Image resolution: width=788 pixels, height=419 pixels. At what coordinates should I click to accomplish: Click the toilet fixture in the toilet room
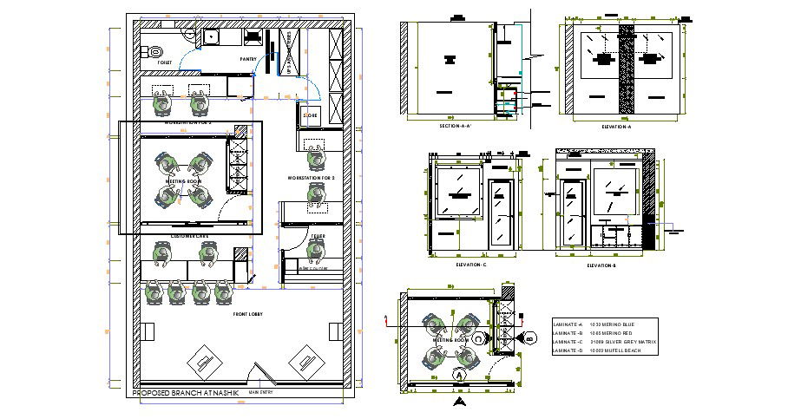point(156,50)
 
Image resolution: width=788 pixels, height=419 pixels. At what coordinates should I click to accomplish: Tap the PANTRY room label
point(248,59)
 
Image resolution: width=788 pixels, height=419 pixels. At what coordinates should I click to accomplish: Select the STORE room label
point(311,115)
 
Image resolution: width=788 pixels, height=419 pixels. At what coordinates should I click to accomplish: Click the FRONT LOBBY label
point(248,313)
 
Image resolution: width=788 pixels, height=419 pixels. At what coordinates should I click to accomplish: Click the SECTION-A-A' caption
point(456,127)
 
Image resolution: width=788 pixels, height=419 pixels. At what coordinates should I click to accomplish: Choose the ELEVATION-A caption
point(616,127)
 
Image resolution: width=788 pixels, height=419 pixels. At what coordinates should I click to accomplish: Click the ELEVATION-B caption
point(601,265)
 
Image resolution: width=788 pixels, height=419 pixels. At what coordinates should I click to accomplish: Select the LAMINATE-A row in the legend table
point(603,324)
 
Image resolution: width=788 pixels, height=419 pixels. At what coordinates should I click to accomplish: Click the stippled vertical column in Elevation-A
point(625,68)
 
